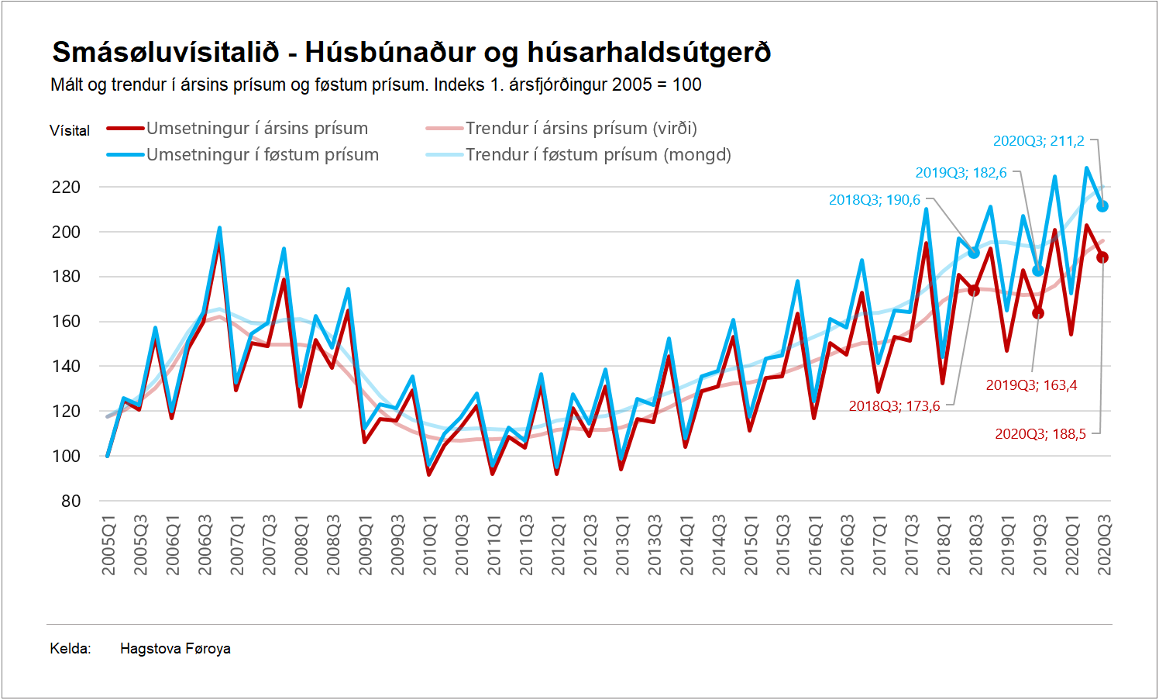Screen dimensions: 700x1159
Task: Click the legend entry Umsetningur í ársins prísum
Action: point(256,129)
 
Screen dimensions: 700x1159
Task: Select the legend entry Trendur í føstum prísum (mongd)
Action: point(597,155)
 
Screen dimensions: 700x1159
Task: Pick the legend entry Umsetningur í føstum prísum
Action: point(262,155)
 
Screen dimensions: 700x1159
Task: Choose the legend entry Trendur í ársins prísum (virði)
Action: point(580,129)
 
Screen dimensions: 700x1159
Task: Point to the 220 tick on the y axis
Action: point(66,187)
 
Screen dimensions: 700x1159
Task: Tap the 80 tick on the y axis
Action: point(71,501)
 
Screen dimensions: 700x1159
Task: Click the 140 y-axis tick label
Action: point(66,366)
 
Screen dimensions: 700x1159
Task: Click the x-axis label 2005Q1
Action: point(108,545)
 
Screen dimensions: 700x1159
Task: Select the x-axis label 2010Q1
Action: point(430,545)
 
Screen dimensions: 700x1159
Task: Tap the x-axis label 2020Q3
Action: point(1104,545)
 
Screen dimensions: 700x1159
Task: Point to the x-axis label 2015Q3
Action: point(783,545)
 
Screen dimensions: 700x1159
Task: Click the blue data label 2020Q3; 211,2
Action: point(1038,141)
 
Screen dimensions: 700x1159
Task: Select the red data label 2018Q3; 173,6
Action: point(894,406)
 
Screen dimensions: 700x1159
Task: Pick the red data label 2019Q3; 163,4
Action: point(1031,385)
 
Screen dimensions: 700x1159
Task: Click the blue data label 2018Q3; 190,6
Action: point(874,200)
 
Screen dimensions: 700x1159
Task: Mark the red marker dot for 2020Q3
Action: point(1102,257)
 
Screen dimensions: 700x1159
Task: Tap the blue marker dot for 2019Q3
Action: point(1038,271)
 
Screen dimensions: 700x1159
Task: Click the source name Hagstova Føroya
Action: point(175,649)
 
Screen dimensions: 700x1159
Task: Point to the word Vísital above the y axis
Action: point(70,131)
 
